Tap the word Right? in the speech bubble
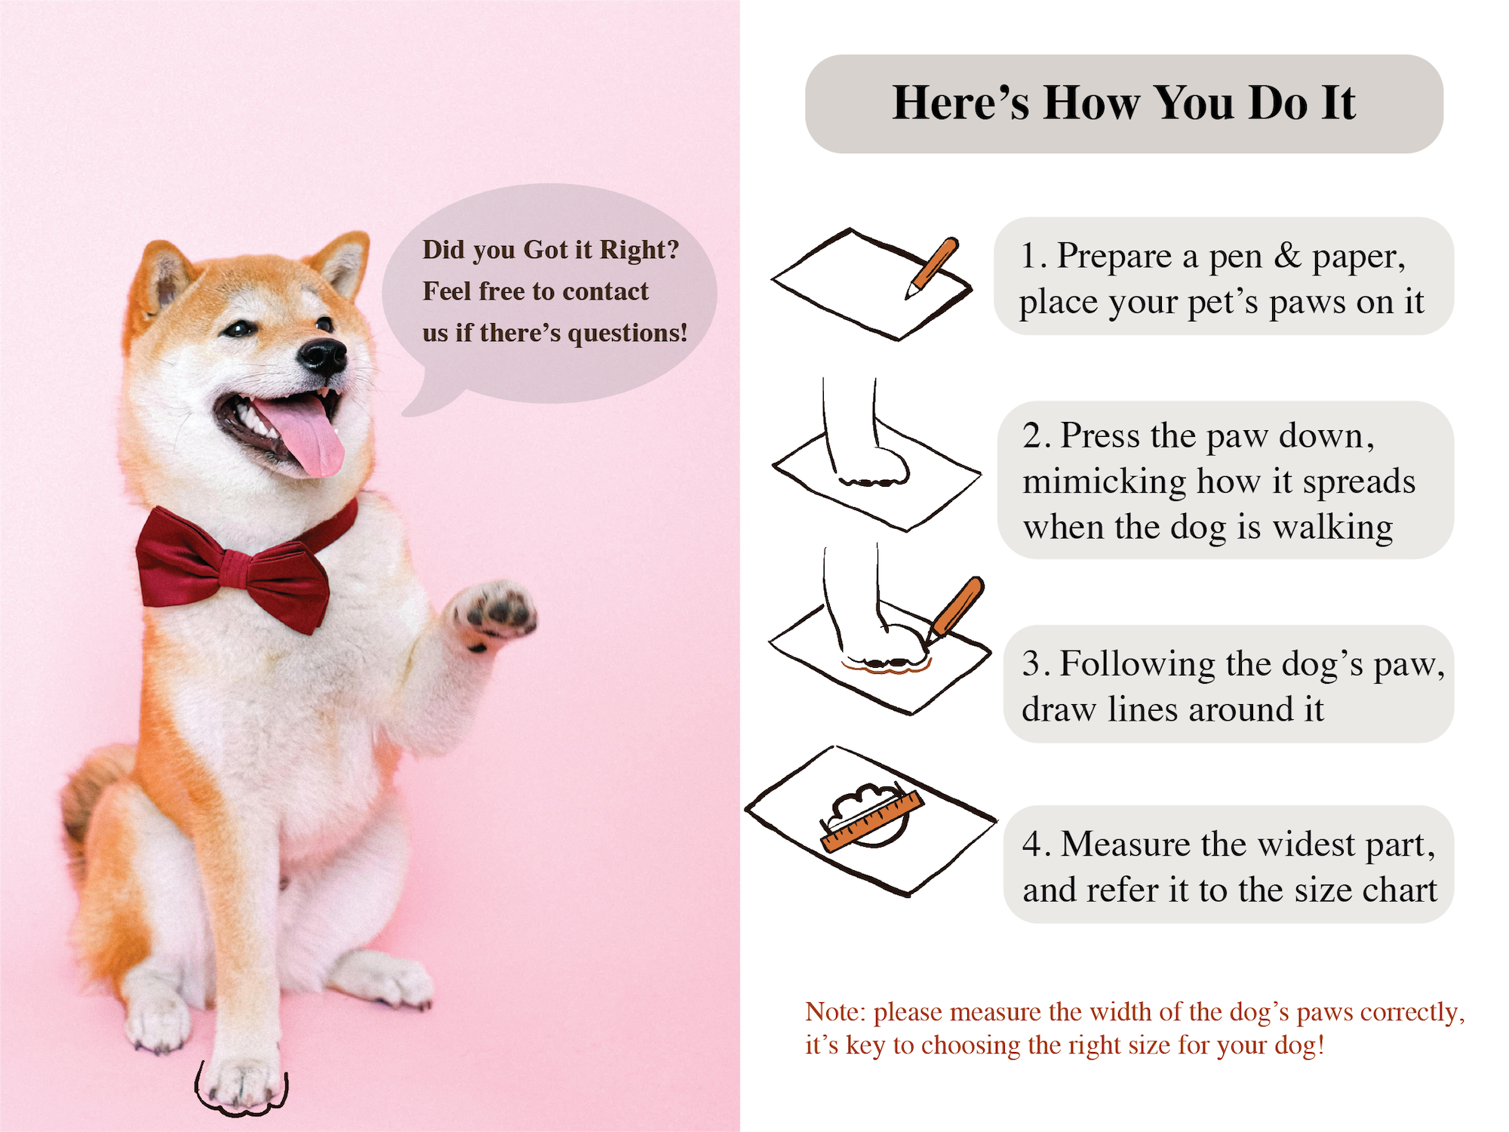pyautogui.click(x=639, y=250)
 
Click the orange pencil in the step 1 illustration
pyautogui.click(x=934, y=267)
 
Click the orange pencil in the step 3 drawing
pyautogui.click(x=957, y=608)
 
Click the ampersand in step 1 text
pyautogui.click(x=1287, y=257)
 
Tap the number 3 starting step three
pyautogui.click(x=1031, y=664)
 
